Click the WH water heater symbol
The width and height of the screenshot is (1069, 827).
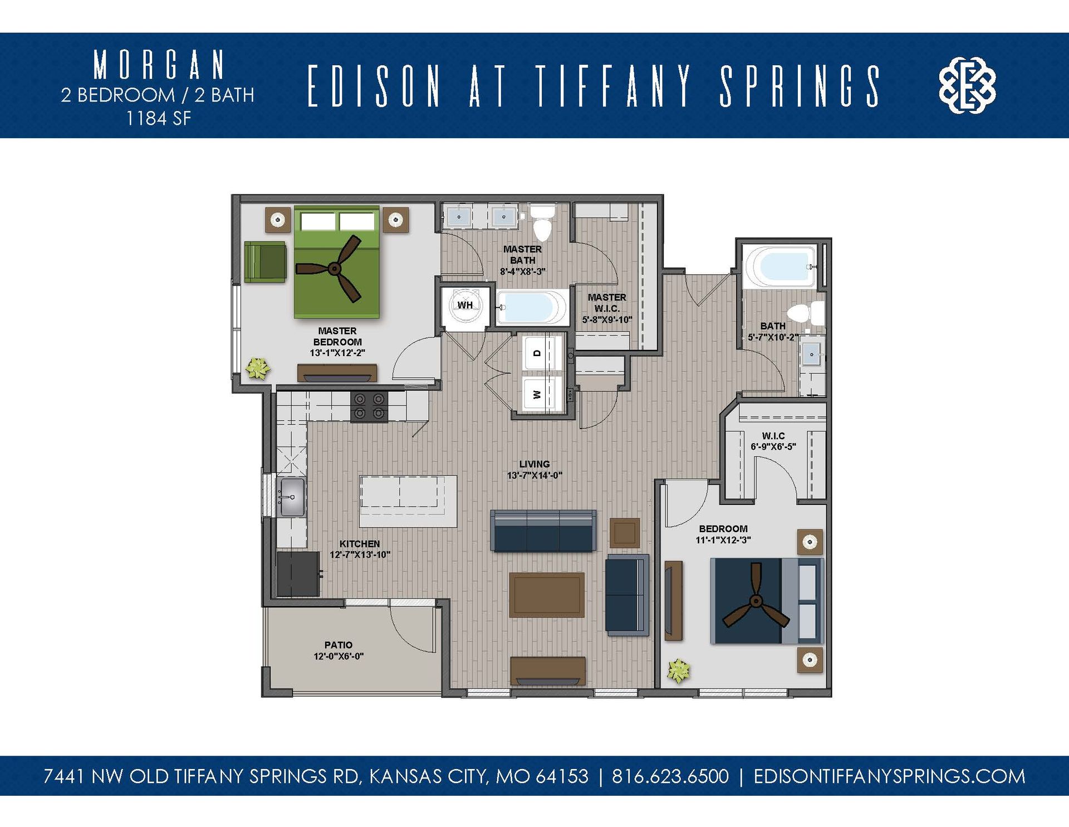(x=465, y=305)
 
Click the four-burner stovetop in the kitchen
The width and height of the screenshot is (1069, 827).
(x=369, y=406)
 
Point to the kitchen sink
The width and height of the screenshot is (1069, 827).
(x=292, y=497)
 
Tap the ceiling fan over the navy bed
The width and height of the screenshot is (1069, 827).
(x=756, y=601)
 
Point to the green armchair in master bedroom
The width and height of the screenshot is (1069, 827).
(x=265, y=261)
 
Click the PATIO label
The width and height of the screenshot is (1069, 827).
(x=339, y=645)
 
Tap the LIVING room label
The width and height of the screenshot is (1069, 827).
(x=534, y=464)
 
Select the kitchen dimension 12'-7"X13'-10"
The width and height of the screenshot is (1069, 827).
(x=360, y=554)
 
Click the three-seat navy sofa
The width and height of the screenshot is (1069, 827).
(x=543, y=531)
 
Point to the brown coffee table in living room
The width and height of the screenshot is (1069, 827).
(x=547, y=595)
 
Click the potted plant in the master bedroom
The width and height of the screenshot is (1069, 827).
(x=257, y=368)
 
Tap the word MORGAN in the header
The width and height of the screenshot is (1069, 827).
(x=159, y=65)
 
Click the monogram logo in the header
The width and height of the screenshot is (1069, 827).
(x=967, y=85)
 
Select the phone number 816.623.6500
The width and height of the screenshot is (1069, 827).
(x=670, y=776)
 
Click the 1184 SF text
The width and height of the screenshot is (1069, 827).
(x=159, y=119)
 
